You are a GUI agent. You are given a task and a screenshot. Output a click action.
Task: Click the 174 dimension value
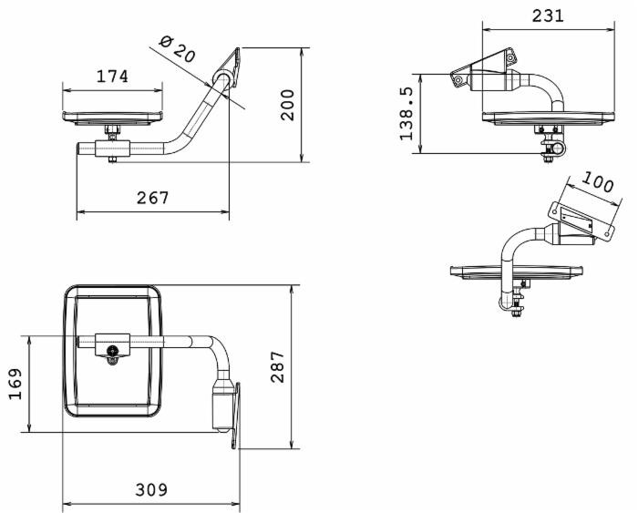coord(112,77)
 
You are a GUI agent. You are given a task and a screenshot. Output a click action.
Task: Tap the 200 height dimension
coord(288,106)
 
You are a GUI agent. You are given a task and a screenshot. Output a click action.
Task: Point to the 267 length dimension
coord(152,198)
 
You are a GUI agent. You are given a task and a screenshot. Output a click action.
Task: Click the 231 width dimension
coord(547,15)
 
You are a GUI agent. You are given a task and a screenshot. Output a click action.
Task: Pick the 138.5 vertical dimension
coord(407,113)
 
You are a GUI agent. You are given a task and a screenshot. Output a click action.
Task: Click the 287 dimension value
coord(277,366)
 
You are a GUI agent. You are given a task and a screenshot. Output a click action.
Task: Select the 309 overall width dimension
coord(151,489)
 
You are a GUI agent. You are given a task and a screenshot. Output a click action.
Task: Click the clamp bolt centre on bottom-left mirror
coord(111,351)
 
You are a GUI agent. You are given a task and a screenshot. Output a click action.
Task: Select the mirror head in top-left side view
coord(112,117)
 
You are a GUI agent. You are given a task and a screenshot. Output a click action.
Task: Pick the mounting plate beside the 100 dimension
coord(575,221)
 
